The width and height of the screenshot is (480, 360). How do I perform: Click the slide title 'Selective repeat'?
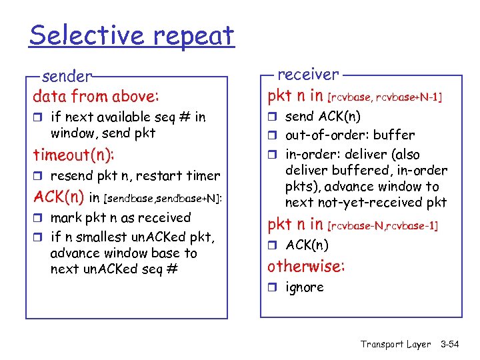pyautogui.click(x=131, y=35)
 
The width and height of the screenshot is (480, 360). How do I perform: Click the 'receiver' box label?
pyautogui.click(x=307, y=74)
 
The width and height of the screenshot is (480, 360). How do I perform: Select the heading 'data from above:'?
pyautogui.click(x=96, y=96)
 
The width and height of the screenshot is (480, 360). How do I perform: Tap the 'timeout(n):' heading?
pyautogui.click(x=73, y=155)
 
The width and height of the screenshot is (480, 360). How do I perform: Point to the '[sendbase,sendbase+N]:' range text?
pyautogui.click(x=163, y=199)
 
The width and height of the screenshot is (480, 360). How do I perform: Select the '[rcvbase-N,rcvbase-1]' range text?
pyautogui.click(x=383, y=226)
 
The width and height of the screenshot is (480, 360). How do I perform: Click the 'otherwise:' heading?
pyautogui.click(x=306, y=267)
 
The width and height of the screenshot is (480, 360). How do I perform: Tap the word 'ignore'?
pyautogui.click(x=304, y=287)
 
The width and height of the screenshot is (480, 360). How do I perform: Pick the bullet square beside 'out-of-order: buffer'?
pyautogui.click(x=273, y=135)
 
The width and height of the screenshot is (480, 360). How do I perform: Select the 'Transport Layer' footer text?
pyautogui.click(x=396, y=344)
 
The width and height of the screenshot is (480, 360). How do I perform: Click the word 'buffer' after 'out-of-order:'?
pyautogui.click(x=395, y=135)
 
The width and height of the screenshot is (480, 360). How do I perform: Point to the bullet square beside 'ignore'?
pyautogui.click(x=273, y=288)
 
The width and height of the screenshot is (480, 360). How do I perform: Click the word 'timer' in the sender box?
pyautogui.click(x=204, y=176)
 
